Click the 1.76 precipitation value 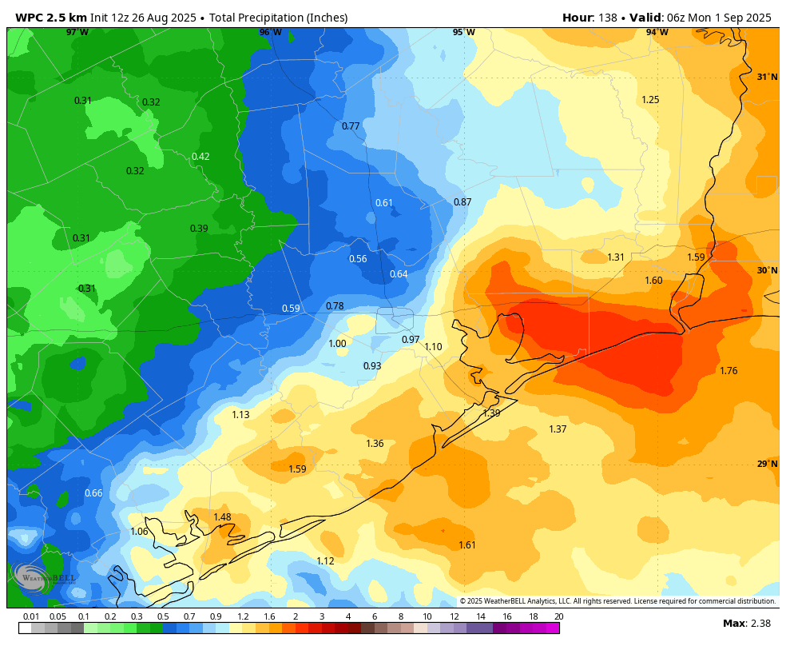[x=728, y=371]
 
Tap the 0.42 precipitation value [x=200, y=157]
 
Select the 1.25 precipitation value [x=650, y=100]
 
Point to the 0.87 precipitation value [x=462, y=202]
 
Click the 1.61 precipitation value [x=467, y=545]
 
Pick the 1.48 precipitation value [x=222, y=517]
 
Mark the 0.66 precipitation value [x=93, y=493]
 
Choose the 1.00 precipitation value [x=337, y=344]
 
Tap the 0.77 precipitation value [x=351, y=126]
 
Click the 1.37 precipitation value [x=558, y=429]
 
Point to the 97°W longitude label [x=77, y=33]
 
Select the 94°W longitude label [x=657, y=33]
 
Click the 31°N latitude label [x=767, y=78]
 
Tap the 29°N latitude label [x=767, y=465]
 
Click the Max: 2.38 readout [x=745, y=624]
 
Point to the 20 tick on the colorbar [x=558, y=616]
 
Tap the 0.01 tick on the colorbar [x=31, y=616]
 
